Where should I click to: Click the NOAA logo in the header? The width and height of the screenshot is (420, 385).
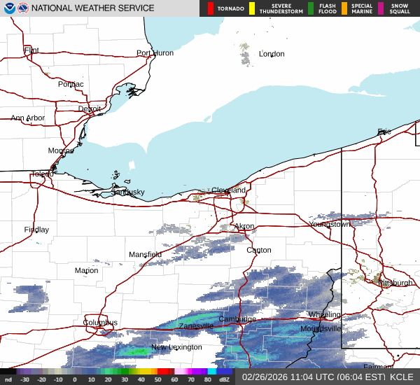tap(8, 8)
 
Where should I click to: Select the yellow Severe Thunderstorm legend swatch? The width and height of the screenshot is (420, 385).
tap(252, 8)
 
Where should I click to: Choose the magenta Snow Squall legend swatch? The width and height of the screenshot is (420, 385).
tap(381, 8)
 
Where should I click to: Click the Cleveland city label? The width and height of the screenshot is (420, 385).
tap(229, 190)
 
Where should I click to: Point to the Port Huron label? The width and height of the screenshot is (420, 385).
tap(155, 53)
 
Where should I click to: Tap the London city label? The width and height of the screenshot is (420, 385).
tap(272, 54)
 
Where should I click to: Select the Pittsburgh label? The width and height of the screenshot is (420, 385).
tap(395, 283)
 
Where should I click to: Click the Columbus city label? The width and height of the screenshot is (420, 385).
tap(101, 323)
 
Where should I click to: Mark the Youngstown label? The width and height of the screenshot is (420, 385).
tap(330, 225)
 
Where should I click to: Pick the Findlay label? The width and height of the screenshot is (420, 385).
tap(36, 230)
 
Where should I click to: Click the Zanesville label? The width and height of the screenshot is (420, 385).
tap(195, 326)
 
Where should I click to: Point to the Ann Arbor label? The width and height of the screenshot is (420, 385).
tap(28, 118)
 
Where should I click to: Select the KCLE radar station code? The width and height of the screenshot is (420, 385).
tap(403, 377)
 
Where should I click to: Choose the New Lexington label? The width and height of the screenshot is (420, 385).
tap(176, 347)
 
